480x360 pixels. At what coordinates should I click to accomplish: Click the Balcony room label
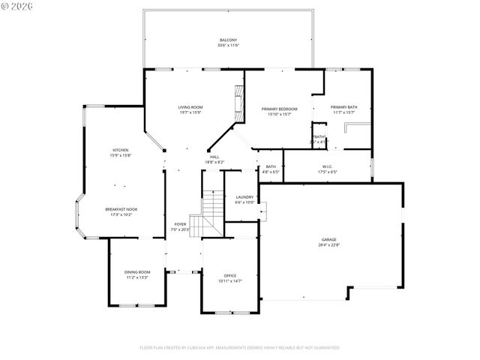[228, 40]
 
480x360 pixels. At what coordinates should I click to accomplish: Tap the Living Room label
[190, 107]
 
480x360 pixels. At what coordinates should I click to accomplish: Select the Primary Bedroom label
[279, 109]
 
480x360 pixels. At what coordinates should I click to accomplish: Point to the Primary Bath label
[343, 107]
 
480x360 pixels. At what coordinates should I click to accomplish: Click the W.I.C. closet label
[328, 166]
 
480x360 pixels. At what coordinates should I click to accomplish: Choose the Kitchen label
[121, 150]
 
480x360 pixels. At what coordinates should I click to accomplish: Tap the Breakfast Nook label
[121, 209]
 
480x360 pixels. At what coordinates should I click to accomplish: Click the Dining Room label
[137, 271]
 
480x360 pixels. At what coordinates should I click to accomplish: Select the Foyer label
[180, 223]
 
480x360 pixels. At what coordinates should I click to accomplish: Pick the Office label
[230, 275]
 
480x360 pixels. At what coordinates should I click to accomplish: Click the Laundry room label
[244, 196]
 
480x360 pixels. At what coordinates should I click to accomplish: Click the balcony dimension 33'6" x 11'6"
[228, 46]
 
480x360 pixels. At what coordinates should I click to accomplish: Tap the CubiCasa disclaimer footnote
[239, 348]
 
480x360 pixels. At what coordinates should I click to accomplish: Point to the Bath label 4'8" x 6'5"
[271, 169]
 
